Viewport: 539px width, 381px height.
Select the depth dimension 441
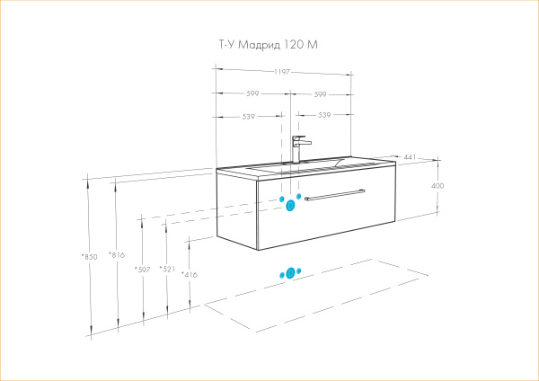click(410, 157)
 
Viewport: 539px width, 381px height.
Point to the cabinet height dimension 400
click(438, 186)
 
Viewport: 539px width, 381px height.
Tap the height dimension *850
click(89, 257)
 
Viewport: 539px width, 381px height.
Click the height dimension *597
click(141, 270)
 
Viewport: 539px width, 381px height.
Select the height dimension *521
click(166, 270)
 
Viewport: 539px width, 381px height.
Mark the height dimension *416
click(189, 274)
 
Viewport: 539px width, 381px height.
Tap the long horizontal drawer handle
click(334, 194)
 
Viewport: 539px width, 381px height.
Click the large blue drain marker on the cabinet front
click(290, 206)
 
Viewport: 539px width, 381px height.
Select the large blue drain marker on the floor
click(289, 272)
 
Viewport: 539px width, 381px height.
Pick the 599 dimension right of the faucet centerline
click(322, 93)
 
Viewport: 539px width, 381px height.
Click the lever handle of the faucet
click(303, 140)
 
